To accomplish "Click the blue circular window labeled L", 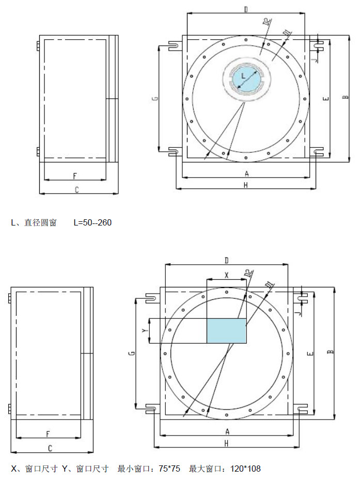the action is tap(246, 79).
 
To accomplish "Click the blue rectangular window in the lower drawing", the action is tap(227, 331).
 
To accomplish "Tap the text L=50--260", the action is tap(92, 222).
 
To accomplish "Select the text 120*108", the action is tap(245, 469).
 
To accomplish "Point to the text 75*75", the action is tap(169, 469).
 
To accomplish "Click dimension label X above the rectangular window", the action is tap(227, 275).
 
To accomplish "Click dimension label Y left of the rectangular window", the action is tap(144, 331).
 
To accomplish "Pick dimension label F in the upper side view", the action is tap(75, 176).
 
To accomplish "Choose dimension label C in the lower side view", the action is tap(50, 448).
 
